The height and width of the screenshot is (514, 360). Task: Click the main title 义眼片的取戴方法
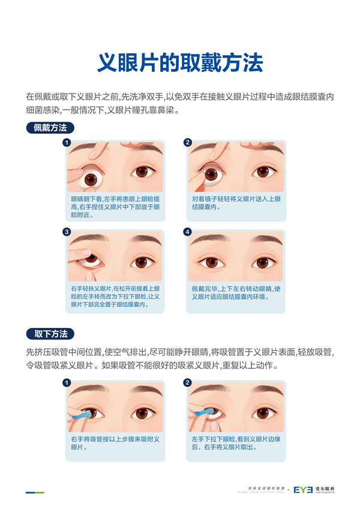coord(180,62)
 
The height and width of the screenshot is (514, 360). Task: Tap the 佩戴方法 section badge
coord(50,128)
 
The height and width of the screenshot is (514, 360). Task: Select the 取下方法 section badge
coord(50,333)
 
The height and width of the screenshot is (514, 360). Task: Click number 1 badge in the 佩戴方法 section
coord(67,143)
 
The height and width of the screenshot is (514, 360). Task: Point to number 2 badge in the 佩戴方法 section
coord(188,142)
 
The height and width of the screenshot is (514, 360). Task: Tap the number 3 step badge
coord(67,232)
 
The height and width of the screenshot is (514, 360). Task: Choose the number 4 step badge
coord(187,232)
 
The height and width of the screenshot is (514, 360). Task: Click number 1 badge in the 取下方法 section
coord(67,383)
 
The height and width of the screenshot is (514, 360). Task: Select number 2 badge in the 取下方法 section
coord(188,383)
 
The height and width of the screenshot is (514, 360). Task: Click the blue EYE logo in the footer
coord(303,490)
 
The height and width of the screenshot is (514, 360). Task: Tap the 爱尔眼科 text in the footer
coord(325,489)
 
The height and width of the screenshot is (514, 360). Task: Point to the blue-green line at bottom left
coord(35,492)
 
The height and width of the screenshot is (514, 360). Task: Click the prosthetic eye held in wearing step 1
coord(91,178)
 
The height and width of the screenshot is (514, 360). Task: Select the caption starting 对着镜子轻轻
coord(236,203)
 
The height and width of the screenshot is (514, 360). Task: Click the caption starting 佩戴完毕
coord(236,293)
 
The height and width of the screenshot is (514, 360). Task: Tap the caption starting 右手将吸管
coord(115,443)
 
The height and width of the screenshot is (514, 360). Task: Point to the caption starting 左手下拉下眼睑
coord(236,443)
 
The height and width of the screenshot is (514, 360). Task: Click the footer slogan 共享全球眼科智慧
coord(266,488)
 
